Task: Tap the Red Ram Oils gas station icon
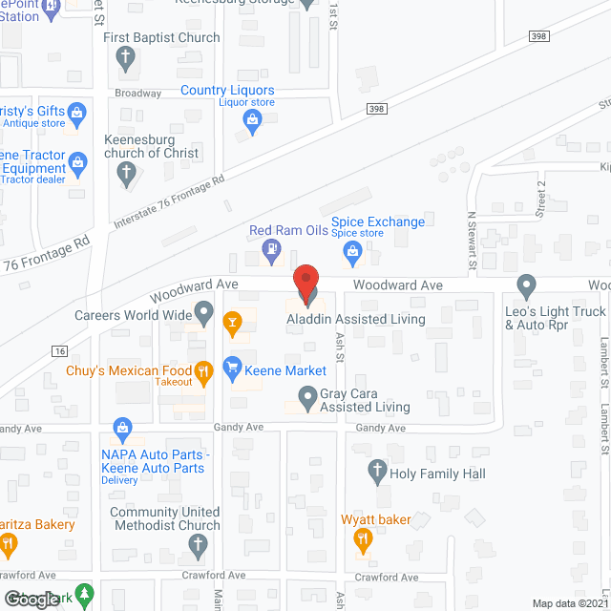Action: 271,252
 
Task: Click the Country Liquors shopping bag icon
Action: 252,119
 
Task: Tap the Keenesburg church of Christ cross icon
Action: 125,174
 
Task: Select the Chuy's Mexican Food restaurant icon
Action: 202,371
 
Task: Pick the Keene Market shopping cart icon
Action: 231,366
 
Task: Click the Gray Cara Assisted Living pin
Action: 306,395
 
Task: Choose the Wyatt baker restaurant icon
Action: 362,541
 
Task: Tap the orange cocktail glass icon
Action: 231,324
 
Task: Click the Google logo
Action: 30,599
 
